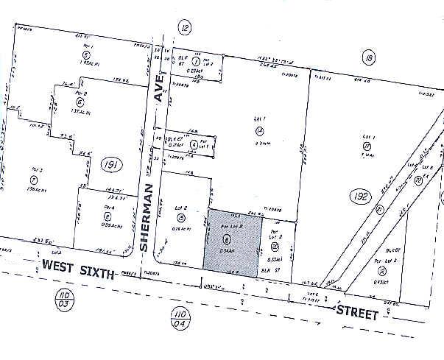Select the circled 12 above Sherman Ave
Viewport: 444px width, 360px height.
pos(184,28)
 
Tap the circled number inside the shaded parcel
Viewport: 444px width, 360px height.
pos(227,239)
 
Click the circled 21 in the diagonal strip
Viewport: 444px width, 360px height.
pos(379,209)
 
